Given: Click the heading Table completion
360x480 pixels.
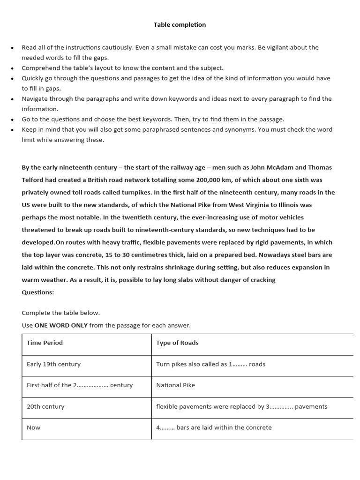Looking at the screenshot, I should point(180,24).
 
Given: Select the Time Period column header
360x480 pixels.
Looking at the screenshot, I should point(45,343).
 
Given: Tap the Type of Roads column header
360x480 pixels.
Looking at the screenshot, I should point(177,343).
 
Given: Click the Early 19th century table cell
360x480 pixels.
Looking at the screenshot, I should point(53,364).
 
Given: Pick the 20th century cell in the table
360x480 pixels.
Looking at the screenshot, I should point(45,406).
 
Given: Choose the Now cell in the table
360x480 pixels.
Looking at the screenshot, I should point(33,427).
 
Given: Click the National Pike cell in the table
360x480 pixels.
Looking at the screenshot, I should point(175,385).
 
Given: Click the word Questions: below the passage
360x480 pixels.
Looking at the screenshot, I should point(38,292).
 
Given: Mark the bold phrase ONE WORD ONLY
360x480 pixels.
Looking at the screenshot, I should point(61,325).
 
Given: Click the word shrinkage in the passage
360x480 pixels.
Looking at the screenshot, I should point(177,267).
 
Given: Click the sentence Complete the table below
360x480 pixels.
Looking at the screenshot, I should point(60,313).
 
